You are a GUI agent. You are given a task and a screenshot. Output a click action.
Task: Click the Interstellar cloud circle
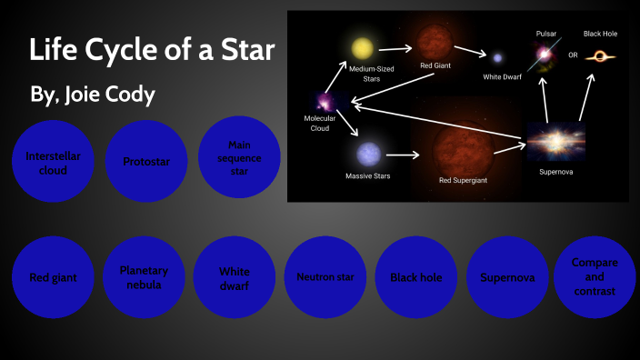53,163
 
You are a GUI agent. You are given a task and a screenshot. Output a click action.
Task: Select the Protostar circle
145,162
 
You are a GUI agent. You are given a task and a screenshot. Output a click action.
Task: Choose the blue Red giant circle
53,277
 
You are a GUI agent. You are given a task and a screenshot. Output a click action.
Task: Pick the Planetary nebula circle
144,276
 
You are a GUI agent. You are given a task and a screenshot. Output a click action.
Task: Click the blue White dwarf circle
234,277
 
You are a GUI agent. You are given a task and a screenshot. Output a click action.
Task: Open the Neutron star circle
325,276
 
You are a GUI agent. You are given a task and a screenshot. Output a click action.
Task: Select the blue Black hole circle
415,276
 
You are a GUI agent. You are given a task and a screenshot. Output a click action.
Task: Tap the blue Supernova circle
506,277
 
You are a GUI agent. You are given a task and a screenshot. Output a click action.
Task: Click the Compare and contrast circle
594,276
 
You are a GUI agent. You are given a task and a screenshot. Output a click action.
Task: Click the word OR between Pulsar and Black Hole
573,55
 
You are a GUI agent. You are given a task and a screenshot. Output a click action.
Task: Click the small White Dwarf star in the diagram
496,57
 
